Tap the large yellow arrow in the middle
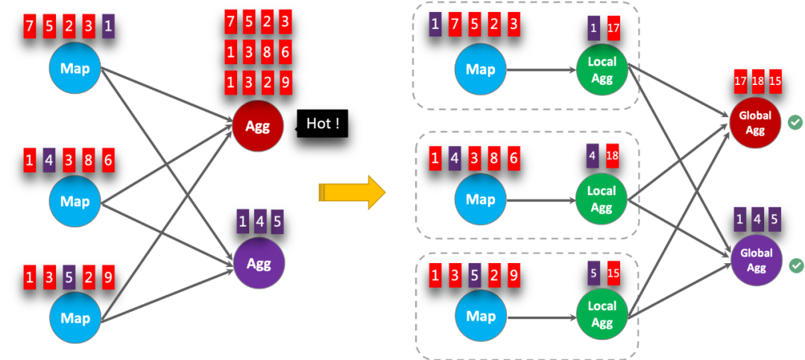(x=352, y=192)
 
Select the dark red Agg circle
(x=258, y=126)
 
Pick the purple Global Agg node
(x=754, y=260)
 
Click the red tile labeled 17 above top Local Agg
(x=613, y=28)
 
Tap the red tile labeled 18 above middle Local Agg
(x=612, y=156)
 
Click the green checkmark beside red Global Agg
(x=795, y=122)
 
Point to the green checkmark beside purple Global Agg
(x=795, y=265)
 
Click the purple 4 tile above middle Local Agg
(x=593, y=156)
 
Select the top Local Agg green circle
(x=602, y=69)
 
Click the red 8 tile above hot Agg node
(x=266, y=52)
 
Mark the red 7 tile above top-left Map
(x=30, y=26)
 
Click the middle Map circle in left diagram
(x=75, y=201)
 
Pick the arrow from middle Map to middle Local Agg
(x=540, y=200)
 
